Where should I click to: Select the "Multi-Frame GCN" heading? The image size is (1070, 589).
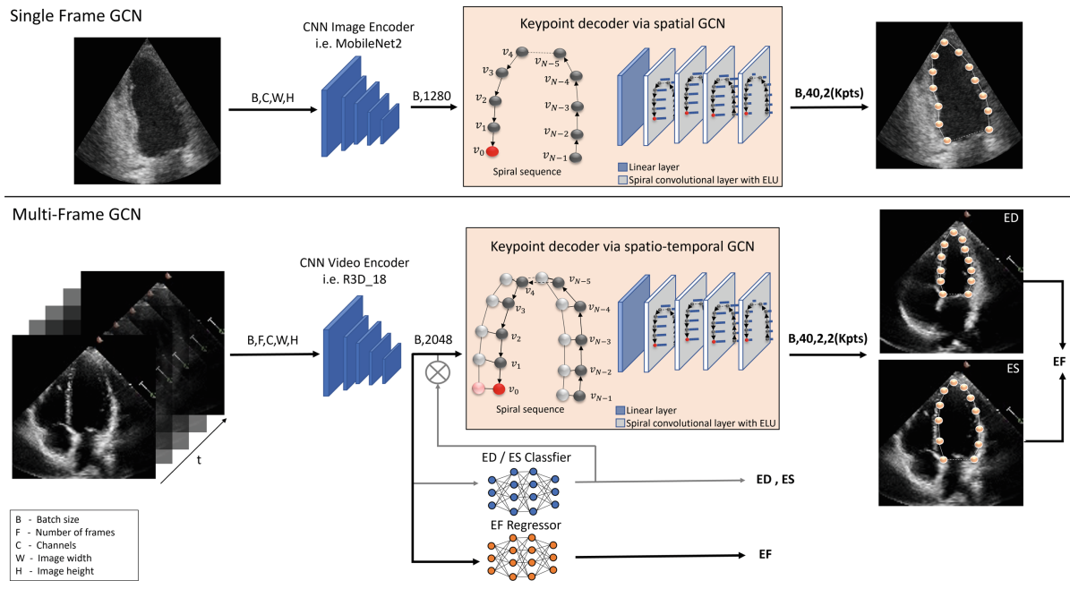tap(72, 215)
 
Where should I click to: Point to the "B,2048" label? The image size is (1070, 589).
tap(432, 339)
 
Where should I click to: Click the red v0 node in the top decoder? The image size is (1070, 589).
tap(492, 152)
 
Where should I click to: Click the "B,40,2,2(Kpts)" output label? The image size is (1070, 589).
tap(833, 339)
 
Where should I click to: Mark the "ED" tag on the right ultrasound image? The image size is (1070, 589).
tap(1035, 219)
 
